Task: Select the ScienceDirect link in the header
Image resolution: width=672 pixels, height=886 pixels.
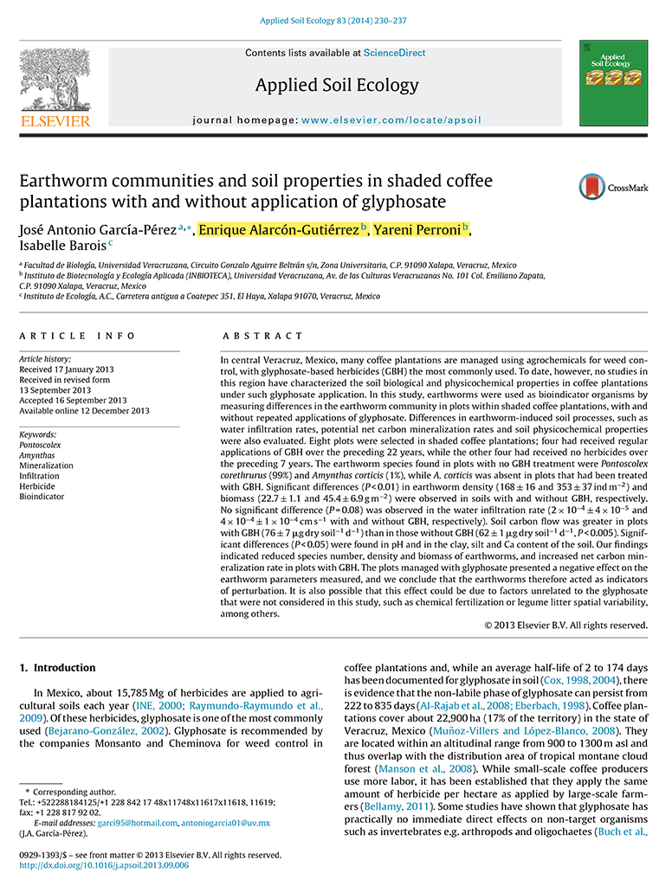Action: (394, 53)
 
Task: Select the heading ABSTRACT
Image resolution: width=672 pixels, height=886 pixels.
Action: (263, 336)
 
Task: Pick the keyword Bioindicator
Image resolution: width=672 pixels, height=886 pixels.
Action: (41, 497)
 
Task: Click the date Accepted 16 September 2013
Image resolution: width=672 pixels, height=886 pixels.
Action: (73, 400)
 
